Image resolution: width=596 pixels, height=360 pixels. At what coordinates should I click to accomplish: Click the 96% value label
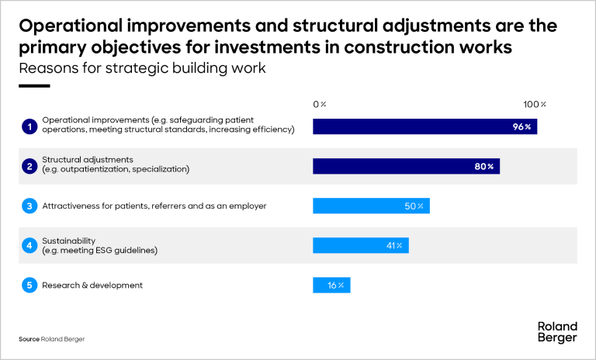[521, 126]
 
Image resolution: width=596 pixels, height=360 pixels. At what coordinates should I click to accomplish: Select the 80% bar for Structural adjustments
[407, 166]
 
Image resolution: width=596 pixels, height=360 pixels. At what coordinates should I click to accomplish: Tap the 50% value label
[414, 206]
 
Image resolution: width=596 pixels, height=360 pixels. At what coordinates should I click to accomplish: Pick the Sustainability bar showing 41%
[361, 246]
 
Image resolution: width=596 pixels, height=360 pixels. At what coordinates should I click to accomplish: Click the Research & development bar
[331, 285]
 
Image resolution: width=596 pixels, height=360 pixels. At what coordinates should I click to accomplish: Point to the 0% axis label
[320, 104]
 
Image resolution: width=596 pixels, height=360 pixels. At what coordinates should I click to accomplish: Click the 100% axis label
[535, 104]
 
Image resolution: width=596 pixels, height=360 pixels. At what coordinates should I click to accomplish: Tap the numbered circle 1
[29, 126]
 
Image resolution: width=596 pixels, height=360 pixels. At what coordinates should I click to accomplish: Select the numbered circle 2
[29, 166]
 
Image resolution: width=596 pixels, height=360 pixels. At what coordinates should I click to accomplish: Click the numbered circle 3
[29, 206]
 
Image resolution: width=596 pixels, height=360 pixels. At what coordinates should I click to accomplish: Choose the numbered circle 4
[29, 246]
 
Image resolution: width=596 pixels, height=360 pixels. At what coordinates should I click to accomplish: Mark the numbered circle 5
[29, 285]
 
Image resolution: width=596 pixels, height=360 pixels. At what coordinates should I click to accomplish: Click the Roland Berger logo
[557, 332]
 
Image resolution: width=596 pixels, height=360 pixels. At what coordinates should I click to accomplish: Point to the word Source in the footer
[29, 339]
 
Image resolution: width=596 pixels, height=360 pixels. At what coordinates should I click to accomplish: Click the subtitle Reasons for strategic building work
[142, 68]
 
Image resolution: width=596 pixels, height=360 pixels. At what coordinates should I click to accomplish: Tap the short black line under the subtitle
[34, 86]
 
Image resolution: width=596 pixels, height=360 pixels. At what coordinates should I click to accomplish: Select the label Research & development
[92, 285]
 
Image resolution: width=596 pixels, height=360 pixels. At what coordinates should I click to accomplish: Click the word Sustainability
[69, 241]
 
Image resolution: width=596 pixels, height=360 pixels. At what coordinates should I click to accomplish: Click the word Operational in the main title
[71, 26]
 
